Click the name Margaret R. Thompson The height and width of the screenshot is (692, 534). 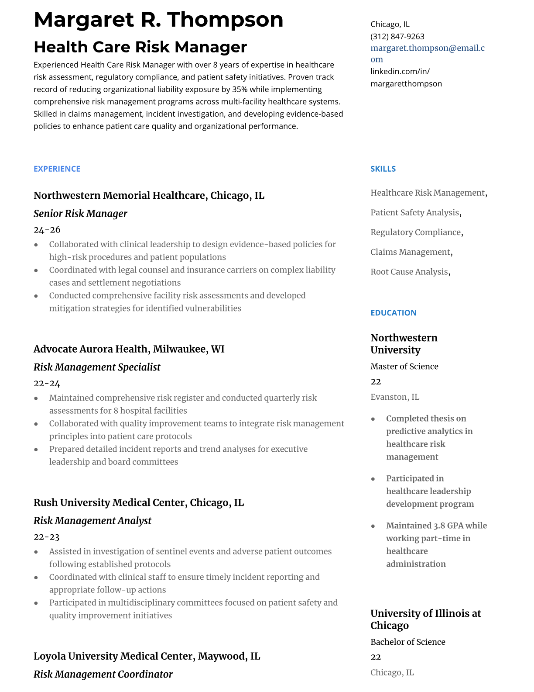(x=158, y=20)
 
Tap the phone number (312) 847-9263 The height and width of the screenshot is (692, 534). (x=397, y=36)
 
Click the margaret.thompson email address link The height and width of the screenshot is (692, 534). (x=427, y=48)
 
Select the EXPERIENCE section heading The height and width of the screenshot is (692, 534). (x=57, y=169)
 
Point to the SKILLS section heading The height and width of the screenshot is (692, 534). (x=383, y=169)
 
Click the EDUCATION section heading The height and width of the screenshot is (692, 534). (x=393, y=313)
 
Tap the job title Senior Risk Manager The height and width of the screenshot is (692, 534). (x=80, y=214)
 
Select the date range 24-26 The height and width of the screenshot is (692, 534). (x=47, y=230)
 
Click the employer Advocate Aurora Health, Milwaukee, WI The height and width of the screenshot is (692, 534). (x=129, y=349)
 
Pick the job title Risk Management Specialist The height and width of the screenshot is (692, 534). (x=97, y=367)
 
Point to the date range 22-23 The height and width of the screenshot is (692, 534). (x=46, y=537)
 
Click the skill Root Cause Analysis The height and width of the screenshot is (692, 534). (x=409, y=272)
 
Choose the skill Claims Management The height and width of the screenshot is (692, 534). (x=410, y=252)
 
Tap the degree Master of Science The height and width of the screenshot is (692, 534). (x=404, y=367)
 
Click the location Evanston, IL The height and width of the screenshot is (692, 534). (x=394, y=397)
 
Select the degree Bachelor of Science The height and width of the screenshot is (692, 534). (x=407, y=642)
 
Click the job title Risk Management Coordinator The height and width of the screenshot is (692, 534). (x=103, y=675)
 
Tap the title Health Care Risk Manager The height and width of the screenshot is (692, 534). (x=140, y=47)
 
